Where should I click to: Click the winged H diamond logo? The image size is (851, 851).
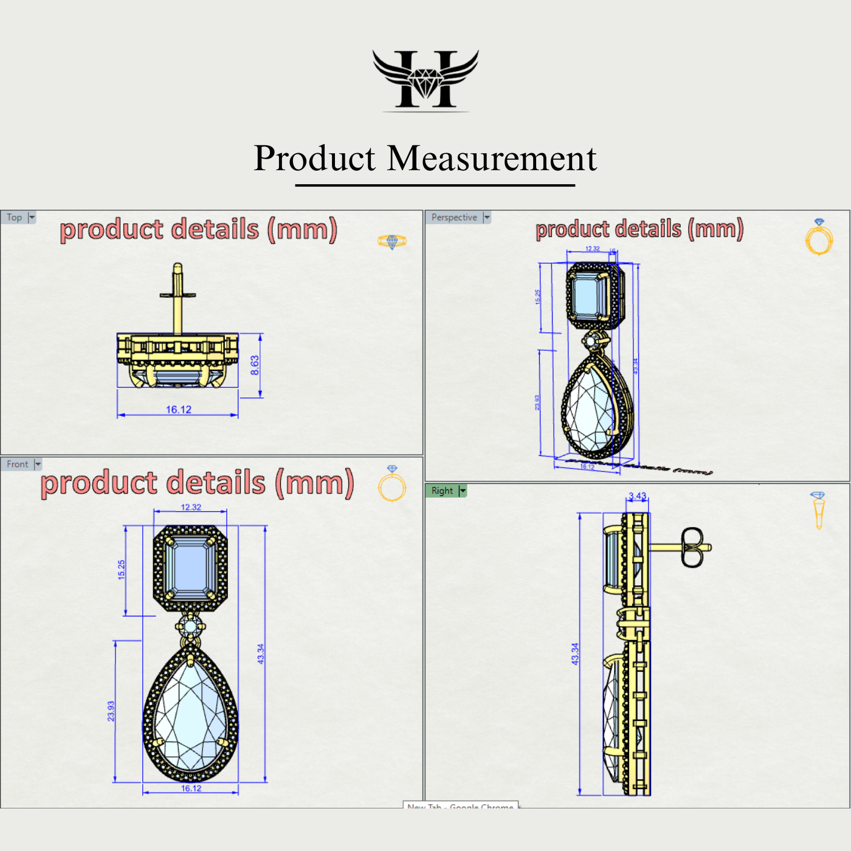click(x=425, y=79)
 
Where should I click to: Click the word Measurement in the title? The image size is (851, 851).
click(x=492, y=159)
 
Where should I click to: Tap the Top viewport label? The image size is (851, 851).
click(x=15, y=218)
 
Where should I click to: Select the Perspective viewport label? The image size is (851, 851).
click(x=454, y=218)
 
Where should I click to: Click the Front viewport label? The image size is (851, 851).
click(x=18, y=464)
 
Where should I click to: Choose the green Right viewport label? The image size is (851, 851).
click(x=443, y=491)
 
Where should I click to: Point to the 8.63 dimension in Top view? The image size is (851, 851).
click(x=255, y=365)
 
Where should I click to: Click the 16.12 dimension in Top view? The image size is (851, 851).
click(x=179, y=410)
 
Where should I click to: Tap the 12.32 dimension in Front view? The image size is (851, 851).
click(x=191, y=507)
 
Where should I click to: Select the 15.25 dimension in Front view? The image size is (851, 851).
click(x=122, y=570)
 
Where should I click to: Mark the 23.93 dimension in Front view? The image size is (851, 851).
click(x=111, y=711)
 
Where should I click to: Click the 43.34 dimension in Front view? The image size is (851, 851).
click(x=261, y=654)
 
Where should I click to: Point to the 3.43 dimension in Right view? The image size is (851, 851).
click(x=638, y=496)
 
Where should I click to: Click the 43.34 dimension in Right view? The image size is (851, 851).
click(x=575, y=654)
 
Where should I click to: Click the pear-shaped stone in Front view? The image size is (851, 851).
click(x=191, y=717)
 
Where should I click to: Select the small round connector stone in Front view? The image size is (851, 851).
click(x=191, y=626)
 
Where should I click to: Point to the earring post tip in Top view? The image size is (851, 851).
click(x=177, y=267)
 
